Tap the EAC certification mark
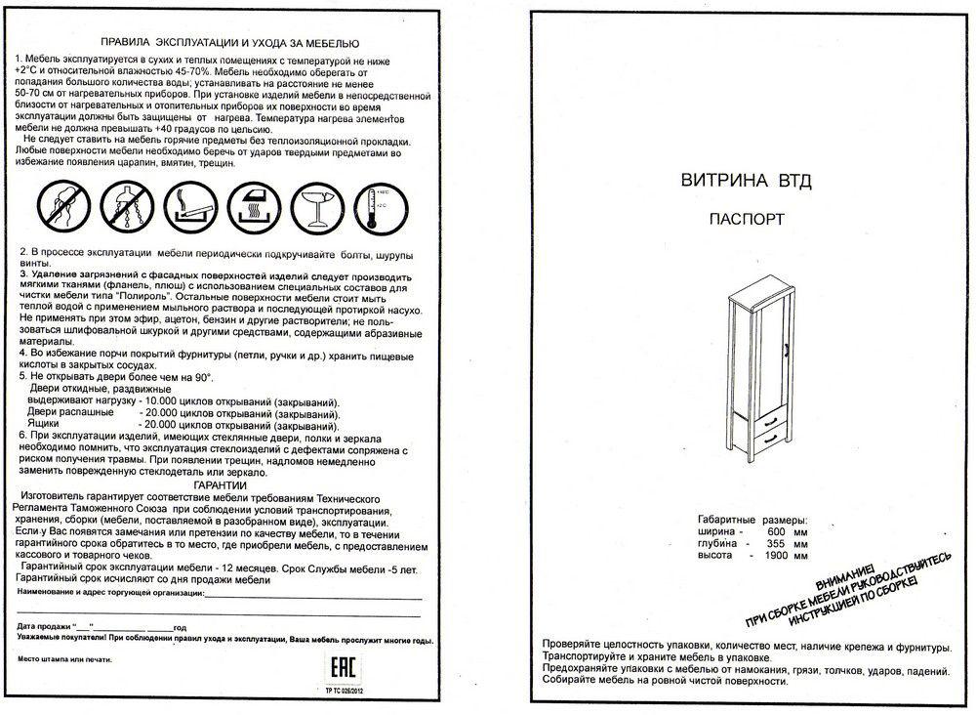[343, 667]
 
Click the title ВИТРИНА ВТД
[747, 181]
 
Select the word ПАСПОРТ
[747, 219]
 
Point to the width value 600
[776, 532]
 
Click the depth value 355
[776, 543]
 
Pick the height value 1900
[774, 555]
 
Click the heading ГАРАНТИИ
[220, 485]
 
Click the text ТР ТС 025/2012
[344, 691]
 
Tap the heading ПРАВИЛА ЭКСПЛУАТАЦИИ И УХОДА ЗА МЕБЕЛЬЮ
[229, 44]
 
